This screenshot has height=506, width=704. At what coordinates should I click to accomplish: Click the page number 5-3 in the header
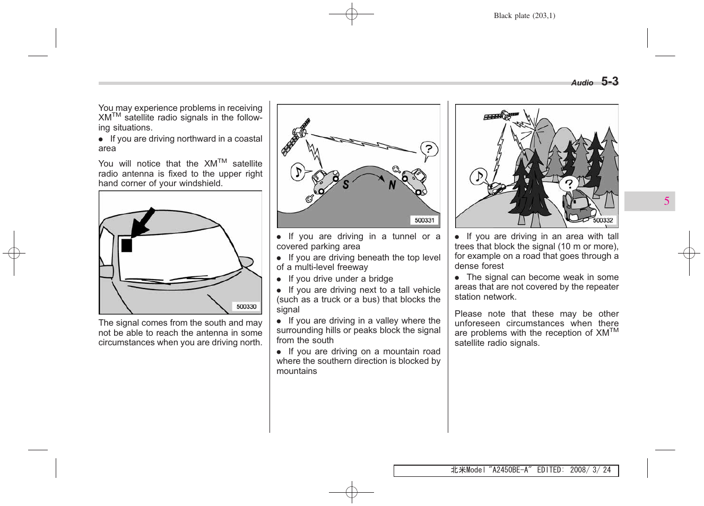[x=610, y=82]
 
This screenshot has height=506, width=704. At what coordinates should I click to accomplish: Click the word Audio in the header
[x=582, y=83]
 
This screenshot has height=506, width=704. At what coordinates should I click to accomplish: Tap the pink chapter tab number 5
[x=666, y=201]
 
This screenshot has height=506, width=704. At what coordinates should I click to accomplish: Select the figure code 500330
[x=246, y=307]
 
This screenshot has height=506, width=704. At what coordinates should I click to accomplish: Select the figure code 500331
[x=424, y=220]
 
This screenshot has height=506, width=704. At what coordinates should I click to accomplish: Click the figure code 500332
[x=603, y=220]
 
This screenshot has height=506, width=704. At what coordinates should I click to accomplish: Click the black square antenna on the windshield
[x=127, y=245]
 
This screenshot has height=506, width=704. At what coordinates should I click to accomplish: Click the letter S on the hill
[x=346, y=185]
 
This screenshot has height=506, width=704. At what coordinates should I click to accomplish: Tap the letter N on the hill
[x=392, y=185]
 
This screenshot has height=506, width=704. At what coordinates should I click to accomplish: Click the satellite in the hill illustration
[x=295, y=137]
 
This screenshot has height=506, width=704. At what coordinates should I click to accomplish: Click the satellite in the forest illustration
[x=501, y=116]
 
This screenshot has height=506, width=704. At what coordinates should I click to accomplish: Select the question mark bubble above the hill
[x=429, y=150]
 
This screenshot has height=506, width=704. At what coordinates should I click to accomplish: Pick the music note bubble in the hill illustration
[x=298, y=172]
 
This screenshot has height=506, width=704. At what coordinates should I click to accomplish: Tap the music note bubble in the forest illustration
[x=479, y=177]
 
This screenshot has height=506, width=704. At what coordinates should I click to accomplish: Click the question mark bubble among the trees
[x=569, y=184]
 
